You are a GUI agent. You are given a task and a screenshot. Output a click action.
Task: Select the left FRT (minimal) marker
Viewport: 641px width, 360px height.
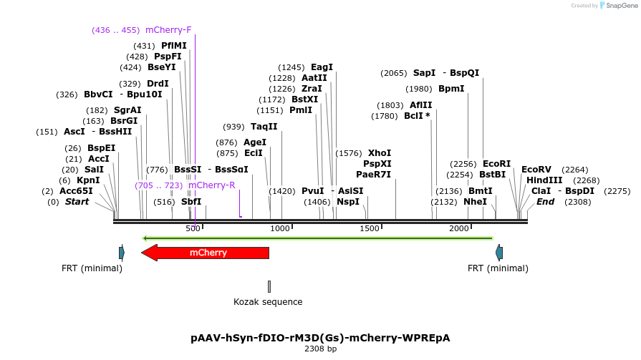point(122,253)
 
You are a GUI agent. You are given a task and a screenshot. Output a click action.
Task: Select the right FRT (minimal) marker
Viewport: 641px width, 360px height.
point(498,253)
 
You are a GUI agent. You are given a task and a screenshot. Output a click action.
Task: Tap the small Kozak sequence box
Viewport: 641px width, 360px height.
point(269,286)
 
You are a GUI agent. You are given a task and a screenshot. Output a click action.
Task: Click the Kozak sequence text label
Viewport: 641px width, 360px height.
point(268,302)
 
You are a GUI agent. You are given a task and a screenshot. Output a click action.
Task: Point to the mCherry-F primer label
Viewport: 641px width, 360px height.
point(168,30)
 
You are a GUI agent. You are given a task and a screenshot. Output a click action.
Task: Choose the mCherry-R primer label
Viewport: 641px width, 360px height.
point(211,185)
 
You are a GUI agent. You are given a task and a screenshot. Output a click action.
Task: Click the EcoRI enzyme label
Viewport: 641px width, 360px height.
point(496,164)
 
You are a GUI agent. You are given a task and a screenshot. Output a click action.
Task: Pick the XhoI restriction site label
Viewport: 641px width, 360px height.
point(379,153)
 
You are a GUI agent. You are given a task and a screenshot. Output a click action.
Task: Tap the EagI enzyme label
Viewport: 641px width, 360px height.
point(322,67)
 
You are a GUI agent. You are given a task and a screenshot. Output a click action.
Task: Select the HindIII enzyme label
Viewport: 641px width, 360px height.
point(544,180)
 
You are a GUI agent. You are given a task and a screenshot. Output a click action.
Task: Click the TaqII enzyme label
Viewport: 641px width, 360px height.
point(264,127)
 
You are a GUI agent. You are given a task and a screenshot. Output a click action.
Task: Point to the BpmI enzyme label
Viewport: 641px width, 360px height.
point(451,89)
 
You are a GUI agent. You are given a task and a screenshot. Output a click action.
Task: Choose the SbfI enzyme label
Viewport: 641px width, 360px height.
point(191,202)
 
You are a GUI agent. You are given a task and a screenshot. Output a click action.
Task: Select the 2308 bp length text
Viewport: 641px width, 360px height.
point(320,349)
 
